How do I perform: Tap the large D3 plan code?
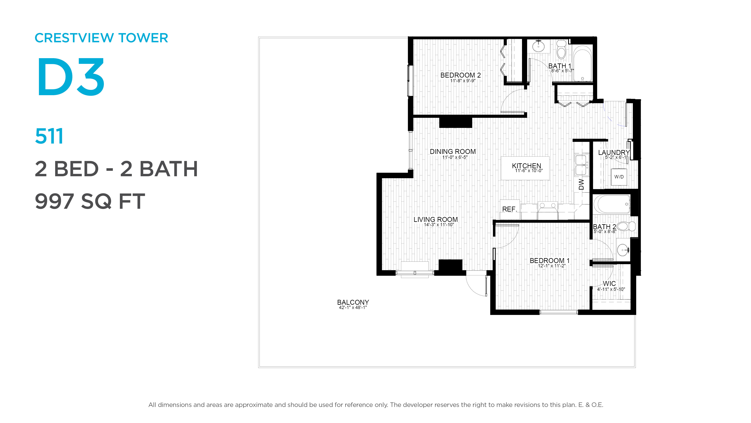coord(71,77)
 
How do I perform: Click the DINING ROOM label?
coord(453,152)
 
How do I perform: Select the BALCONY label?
coord(353,302)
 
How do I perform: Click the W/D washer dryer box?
coord(619,177)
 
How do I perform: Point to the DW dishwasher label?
coord(581,184)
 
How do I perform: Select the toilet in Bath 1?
coord(561,49)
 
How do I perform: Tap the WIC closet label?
coord(609,283)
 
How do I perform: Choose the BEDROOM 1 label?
coord(550,260)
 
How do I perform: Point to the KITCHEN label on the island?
coord(526,166)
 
